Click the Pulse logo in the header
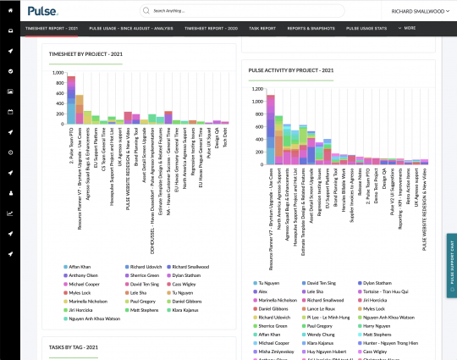(x=42, y=11)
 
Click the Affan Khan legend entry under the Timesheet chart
(x=81, y=267)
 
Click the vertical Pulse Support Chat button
(x=451, y=263)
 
